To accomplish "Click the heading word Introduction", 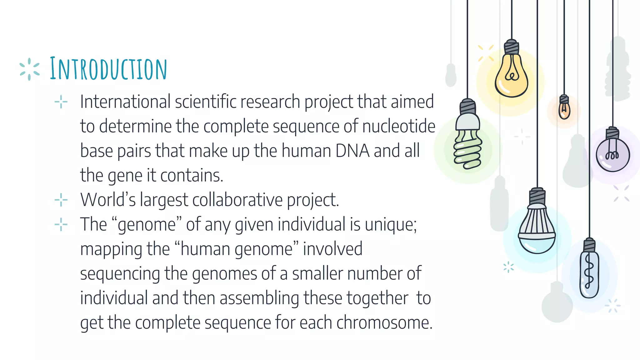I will point(108,69).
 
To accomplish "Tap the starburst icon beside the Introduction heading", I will point(29,69).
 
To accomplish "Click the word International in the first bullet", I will point(125,102).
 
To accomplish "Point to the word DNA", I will point(352,151).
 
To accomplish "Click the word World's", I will point(108,199).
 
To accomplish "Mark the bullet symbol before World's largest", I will point(61,200).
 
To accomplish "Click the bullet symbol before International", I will point(61,102).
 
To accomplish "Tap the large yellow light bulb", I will point(511,77).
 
